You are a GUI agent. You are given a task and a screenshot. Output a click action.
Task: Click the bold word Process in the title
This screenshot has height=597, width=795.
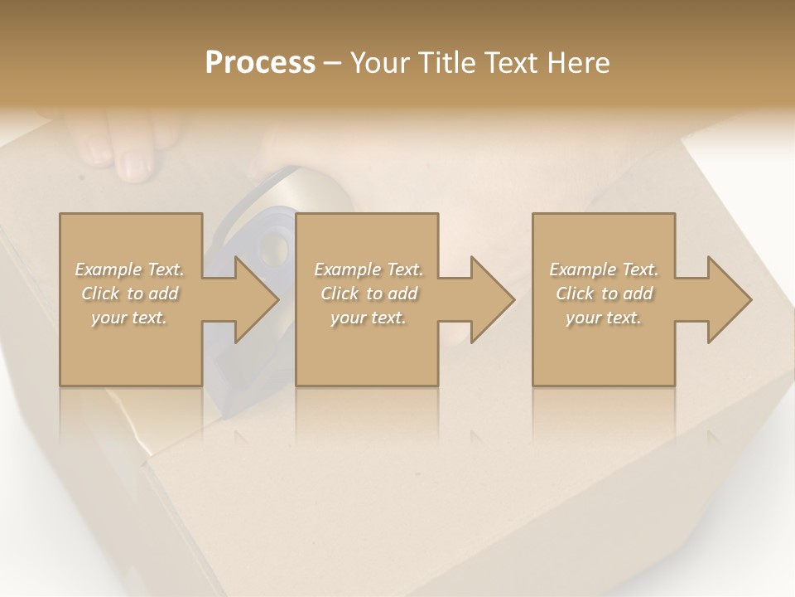[260, 62]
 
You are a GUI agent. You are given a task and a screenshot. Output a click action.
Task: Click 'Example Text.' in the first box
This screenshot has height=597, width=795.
[130, 269]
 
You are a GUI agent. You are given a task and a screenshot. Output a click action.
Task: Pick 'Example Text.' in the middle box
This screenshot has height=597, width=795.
[369, 269]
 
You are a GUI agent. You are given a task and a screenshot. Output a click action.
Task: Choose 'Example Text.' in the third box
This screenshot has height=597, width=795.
[604, 269]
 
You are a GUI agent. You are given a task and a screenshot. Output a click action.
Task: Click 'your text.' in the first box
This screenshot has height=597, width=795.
[130, 318]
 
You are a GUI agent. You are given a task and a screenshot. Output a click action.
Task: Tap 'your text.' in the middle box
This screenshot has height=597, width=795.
[369, 318]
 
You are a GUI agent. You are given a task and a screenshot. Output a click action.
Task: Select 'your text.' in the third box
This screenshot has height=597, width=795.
[604, 318]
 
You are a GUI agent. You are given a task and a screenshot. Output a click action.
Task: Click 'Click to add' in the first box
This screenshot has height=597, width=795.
[130, 294]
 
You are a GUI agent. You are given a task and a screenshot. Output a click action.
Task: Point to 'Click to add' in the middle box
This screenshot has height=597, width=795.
[369, 294]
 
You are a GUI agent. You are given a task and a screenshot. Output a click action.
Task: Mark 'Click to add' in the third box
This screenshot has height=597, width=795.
[604, 294]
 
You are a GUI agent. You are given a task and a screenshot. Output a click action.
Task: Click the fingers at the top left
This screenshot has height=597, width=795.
[124, 149]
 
